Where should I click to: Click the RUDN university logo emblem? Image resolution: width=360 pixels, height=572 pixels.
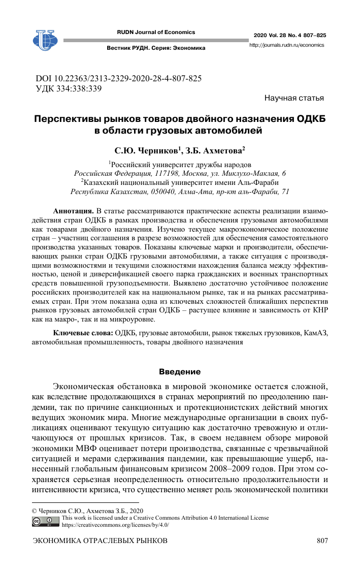tap(44, 39)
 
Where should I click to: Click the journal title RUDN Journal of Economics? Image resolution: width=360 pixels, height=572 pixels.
tap(156, 32)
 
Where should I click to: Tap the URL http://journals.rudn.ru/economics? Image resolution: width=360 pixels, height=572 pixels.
tap(287, 45)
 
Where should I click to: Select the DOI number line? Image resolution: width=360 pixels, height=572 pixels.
tap(119, 79)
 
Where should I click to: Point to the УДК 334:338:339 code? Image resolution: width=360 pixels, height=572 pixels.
tap(69, 88)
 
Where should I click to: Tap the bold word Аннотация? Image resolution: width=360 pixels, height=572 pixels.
tap(73, 211)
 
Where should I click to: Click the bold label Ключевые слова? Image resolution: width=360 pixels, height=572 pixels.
tap(83, 333)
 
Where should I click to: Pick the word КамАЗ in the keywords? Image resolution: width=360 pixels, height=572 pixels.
tap(316, 333)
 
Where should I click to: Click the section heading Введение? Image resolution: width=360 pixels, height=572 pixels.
tap(180, 371)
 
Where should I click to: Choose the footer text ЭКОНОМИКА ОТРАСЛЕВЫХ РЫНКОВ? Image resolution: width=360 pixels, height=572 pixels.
tap(100, 542)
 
